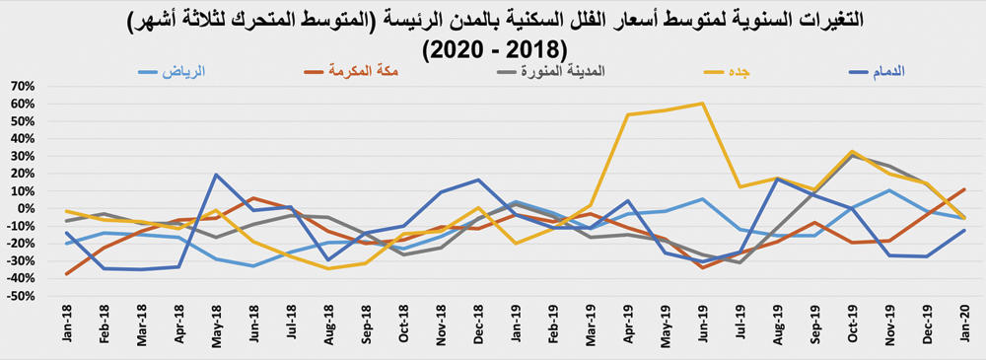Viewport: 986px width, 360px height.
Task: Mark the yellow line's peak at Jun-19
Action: [x=702, y=104]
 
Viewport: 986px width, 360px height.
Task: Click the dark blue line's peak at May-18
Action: [x=216, y=175]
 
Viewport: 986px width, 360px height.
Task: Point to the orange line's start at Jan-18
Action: [x=67, y=274]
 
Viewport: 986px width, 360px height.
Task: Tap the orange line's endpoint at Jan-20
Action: [x=963, y=189]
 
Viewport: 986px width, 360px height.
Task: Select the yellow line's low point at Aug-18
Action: [x=328, y=268]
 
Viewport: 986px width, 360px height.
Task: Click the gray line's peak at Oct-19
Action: [x=852, y=156]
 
